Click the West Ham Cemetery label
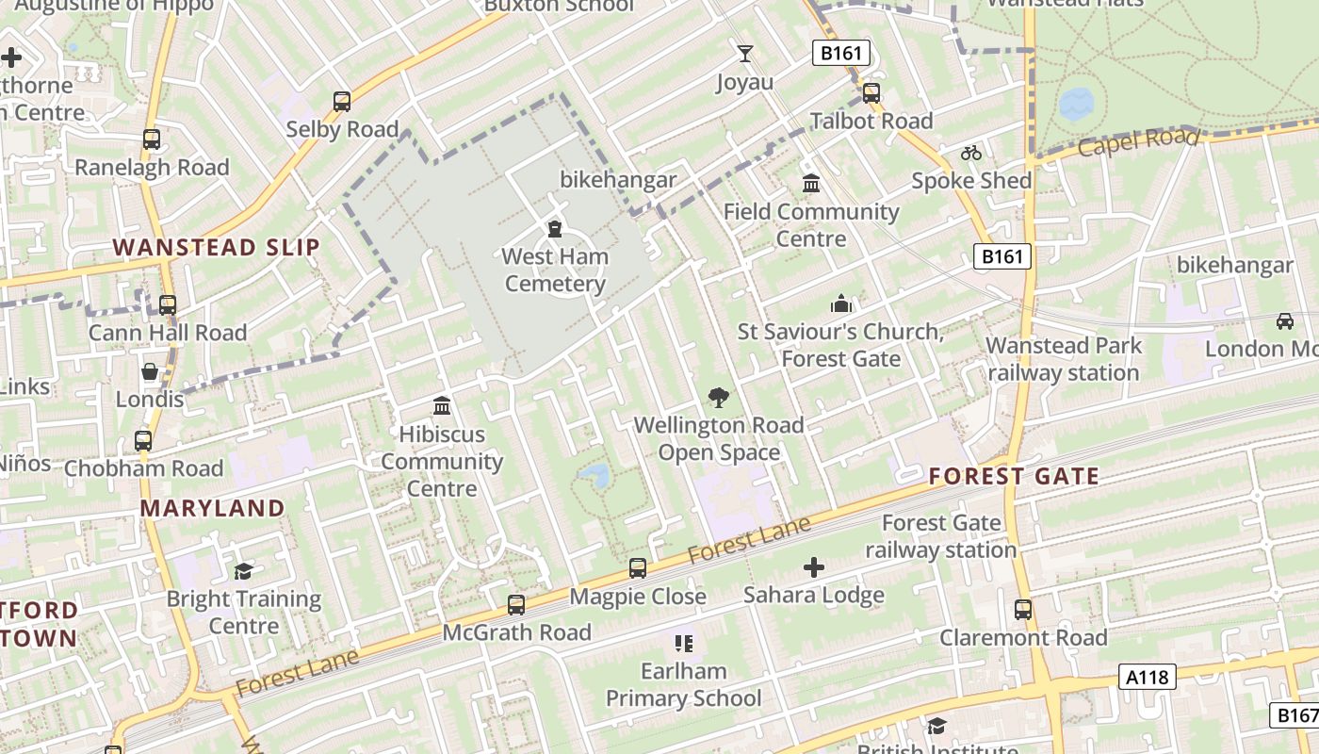tap(555, 270)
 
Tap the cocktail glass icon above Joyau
tap(745, 54)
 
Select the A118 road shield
tap(1148, 676)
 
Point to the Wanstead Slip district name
tap(217, 248)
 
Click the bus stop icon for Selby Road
tap(342, 101)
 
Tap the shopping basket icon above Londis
tap(150, 371)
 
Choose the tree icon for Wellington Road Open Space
tap(719, 398)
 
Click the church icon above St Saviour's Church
tap(840, 303)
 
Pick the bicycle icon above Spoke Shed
tap(971, 153)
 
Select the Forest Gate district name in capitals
tap(1014, 476)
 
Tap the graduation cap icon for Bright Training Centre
tap(244, 571)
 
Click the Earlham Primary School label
tap(683, 685)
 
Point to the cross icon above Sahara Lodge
tap(814, 566)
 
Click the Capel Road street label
tap(1138, 142)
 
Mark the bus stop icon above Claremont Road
tap(1023, 610)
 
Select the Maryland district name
tap(212, 508)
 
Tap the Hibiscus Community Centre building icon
tap(441, 406)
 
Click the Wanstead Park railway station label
tap(1064, 359)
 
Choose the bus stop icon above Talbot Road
tap(871, 93)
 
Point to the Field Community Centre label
tap(811, 224)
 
